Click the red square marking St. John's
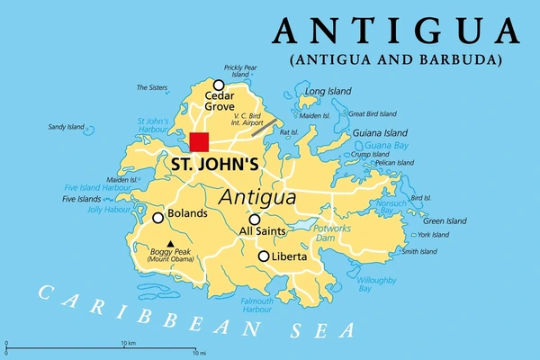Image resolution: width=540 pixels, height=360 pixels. coord(199,141)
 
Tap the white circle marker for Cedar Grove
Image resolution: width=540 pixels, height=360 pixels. coord(218,85)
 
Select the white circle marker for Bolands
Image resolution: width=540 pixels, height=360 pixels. coord(158,217)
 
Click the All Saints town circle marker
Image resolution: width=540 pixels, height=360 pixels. coord(255,220)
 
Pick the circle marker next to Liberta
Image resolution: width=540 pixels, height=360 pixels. coord(264,256)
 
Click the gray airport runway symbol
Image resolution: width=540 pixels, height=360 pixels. coord(264,128)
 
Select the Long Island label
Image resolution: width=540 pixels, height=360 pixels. coord(327,92)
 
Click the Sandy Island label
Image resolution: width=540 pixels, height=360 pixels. coord(66,127)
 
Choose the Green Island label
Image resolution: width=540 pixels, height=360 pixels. coord(445,220)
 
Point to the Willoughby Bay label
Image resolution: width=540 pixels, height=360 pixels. coord(377,284)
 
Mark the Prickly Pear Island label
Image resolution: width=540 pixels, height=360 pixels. coord(240,70)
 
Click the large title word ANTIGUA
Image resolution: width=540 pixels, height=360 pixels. coord(396,31)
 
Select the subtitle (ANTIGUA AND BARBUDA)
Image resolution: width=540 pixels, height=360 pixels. coord(396,61)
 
